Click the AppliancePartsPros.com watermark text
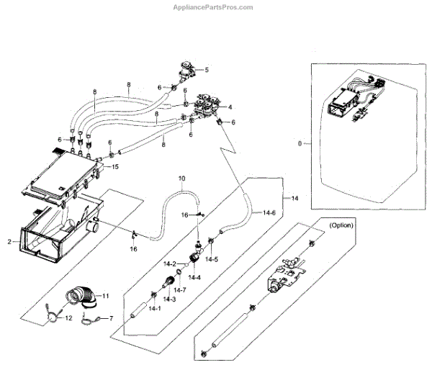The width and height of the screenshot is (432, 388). pyautogui.click(x=214, y=8)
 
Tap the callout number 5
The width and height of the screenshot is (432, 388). pyautogui.click(x=206, y=70)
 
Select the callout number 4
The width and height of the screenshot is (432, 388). pyautogui.click(x=230, y=107)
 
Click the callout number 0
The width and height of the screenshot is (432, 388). pyautogui.click(x=300, y=144)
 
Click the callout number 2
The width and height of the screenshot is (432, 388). pyautogui.click(x=10, y=242)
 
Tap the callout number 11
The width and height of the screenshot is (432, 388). pyautogui.click(x=105, y=296)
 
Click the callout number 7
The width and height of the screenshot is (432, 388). pyautogui.click(x=111, y=318)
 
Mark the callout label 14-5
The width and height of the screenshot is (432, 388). pyautogui.click(x=212, y=258)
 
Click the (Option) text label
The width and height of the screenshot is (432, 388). pyautogui.click(x=341, y=225)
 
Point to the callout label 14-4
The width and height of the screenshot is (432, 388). pyautogui.click(x=194, y=277)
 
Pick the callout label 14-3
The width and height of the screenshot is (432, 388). pyautogui.click(x=168, y=298)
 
